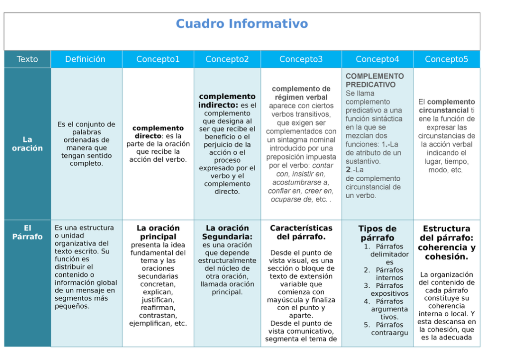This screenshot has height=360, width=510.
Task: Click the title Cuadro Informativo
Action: coord(242,24)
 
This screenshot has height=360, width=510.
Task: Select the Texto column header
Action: coord(27,59)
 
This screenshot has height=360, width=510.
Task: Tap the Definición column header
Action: coord(85,59)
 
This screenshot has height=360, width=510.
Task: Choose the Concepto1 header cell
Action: coord(158,59)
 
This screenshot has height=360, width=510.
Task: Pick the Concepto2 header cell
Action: coord(227,59)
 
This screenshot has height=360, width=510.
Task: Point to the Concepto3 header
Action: coord(301,59)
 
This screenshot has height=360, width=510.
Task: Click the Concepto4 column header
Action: coord(377,59)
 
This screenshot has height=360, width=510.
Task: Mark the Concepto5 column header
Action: coord(446,59)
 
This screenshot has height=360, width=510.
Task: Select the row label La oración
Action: coord(27,144)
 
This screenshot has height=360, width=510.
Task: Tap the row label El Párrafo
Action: coord(27,233)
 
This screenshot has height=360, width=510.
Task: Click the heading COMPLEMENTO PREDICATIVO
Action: coord(375,81)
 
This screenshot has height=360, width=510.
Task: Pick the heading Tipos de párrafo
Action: coord(377,233)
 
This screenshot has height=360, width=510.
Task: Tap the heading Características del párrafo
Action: coord(301,233)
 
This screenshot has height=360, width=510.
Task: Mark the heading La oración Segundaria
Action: coord(227,233)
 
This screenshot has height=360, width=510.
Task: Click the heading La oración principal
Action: coord(158,233)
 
